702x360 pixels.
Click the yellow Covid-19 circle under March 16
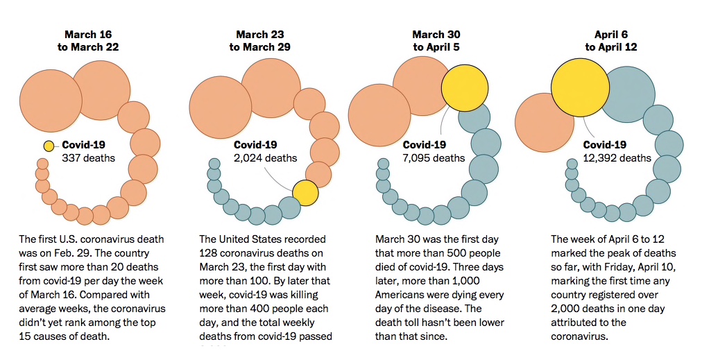[49, 146]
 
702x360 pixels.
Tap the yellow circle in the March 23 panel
[305, 192]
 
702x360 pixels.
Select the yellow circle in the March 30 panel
[465, 88]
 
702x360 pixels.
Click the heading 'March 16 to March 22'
[88, 40]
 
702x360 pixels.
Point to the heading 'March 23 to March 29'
[260, 40]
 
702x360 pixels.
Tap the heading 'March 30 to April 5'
[436, 40]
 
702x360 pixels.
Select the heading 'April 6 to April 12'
[611, 40]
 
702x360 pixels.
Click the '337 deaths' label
[89, 158]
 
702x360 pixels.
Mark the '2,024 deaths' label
[266, 158]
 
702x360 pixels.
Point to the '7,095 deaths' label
[434, 158]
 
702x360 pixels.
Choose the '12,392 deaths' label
[617, 158]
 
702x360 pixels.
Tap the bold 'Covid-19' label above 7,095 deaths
[425, 145]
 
